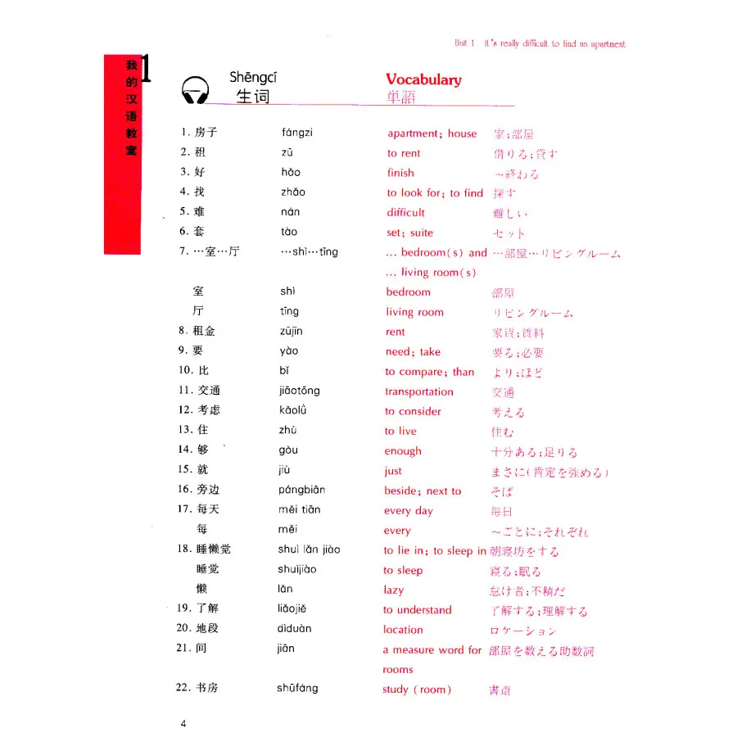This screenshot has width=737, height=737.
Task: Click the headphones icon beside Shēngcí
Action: pyautogui.click(x=195, y=89)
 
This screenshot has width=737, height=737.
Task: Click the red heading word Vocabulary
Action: pyautogui.click(x=423, y=79)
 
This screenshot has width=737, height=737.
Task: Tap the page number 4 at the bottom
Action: pyautogui.click(x=184, y=723)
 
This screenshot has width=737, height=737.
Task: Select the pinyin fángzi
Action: pyautogui.click(x=296, y=133)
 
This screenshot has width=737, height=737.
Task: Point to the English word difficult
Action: pyautogui.click(x=406, y=213)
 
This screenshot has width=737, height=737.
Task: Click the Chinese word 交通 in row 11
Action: pyautogui.click(x=208, y=391)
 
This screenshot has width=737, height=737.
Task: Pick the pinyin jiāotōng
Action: pyautogui.click(x=299, y=391)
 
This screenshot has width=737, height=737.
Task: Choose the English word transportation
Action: pyautogui.click(x=418, y=392)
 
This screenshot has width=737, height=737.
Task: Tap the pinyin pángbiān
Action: pyautogui.click(x=301, y=490)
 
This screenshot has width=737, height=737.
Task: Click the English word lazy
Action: pyautogui.click(x=393, y=590)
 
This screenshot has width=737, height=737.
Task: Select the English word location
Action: pyautogui.click(x=403, y=630)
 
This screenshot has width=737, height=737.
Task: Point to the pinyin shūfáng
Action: pyautogui.click(x=297, y=689)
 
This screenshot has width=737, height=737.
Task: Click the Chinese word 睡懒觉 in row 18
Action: pyautogui.click(x=214, y=549)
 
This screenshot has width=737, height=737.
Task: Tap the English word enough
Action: pyautogui.click(x=403, y=451)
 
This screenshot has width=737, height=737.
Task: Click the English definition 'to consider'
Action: pyautogui.click(x=413, y=412)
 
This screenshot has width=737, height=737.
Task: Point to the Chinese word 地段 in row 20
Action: pyautogui.click(x=208, y=628)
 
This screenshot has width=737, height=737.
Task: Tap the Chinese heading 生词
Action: pyautogui.click(x=252, y=97)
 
